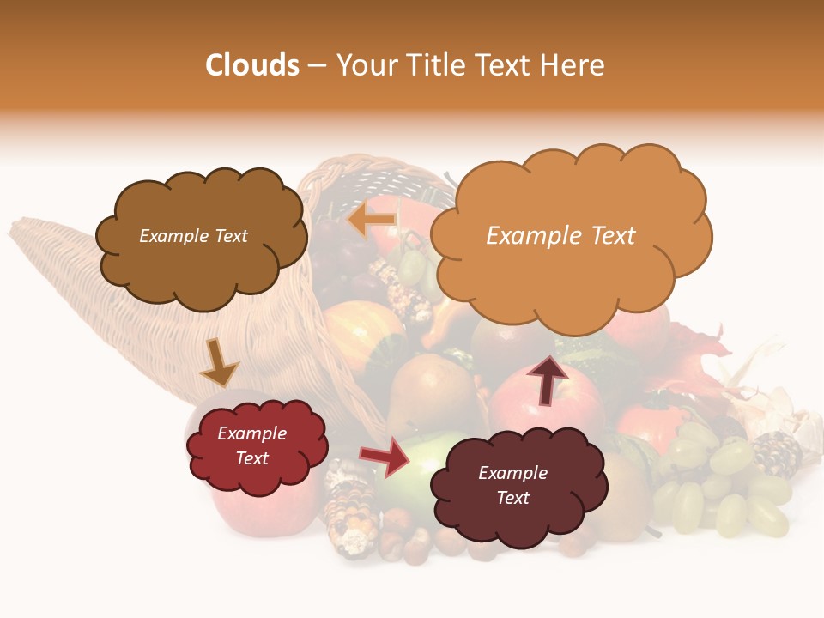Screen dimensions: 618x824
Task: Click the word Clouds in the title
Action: tap(252, 65)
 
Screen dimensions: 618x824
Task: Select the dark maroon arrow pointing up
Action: tap(548, 380)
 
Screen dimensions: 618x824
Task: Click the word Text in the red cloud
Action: tap(252, 458)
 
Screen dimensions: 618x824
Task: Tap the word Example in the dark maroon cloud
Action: tap(512, 473)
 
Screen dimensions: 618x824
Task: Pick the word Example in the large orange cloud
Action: tap(524, 236)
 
